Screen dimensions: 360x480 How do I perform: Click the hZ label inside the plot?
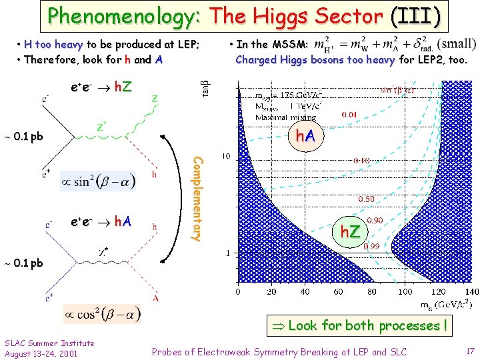[351, 231]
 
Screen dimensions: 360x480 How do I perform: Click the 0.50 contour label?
[367, 199]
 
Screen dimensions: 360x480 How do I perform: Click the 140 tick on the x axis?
[471, 291]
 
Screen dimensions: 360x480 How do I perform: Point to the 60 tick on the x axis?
[339, 291]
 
